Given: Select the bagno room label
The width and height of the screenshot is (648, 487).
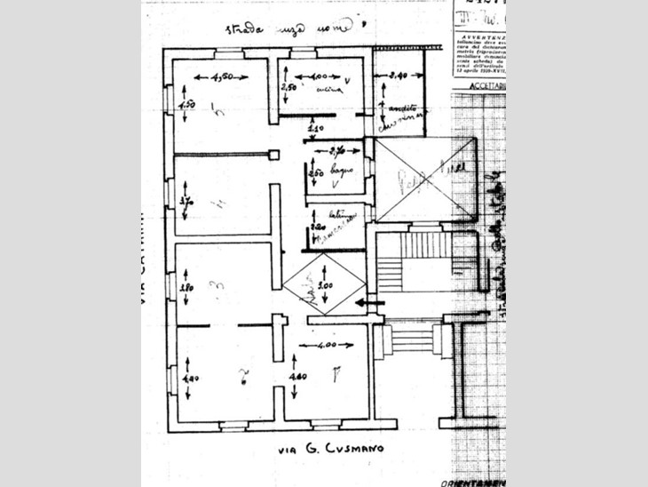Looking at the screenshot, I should [x=343, y=168].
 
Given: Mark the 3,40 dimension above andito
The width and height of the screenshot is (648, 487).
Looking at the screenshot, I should [x=397, y=77].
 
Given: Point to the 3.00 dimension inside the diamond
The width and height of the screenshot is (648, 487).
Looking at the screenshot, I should [x=326, y=286].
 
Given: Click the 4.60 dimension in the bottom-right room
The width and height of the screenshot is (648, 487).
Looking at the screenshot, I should [x=296, y=377].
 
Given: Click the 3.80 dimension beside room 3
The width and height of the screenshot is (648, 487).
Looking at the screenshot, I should [x=186, y=287].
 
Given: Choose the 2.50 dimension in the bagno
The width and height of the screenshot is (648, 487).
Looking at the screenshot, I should [x=314, y=173].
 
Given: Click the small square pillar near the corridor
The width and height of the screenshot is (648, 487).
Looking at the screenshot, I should [x=274, y=155].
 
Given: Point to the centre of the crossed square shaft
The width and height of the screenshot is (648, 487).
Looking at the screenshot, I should [x=427, y=180].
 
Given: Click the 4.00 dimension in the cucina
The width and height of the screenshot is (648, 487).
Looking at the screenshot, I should [x=318, y=77].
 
